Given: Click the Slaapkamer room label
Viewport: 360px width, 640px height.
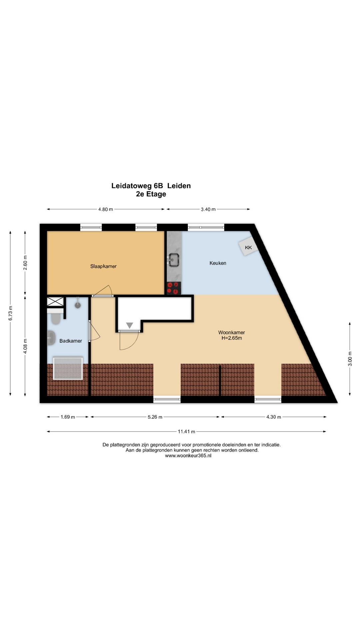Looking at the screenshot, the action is tap(103, 266).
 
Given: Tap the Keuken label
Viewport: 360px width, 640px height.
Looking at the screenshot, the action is tap(218, 263).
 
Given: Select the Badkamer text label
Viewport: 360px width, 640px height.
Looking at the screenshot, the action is tap(71, 341).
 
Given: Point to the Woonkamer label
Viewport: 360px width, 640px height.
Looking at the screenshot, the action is tap(232, 332).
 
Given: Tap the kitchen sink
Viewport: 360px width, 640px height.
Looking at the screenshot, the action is tap(173, 260).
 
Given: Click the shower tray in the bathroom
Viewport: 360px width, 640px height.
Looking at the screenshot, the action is tap(68, 368).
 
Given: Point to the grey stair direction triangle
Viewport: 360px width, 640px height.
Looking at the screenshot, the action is tap(130, 325).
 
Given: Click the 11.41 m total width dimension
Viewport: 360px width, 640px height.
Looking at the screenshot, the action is tap(186, 431).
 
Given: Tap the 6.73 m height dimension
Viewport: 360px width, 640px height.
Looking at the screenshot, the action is tap(11, 313).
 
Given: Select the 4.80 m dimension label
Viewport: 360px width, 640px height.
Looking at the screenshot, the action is tap(106, 209).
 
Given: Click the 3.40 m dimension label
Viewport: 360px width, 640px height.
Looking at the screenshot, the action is tap(208, 209).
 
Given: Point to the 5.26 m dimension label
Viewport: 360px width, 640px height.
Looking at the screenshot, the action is tap(155, 417).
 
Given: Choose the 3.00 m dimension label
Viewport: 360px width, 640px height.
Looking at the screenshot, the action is tap(350, 359).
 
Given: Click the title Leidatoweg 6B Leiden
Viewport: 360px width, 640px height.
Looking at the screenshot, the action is tap(151, 186).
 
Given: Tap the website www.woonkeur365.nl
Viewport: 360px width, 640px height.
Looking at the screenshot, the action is tap(188, 456).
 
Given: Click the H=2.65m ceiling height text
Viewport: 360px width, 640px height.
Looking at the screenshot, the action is tap(232, 338).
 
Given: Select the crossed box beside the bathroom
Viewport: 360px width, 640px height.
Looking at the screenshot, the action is tap(55, 302).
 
